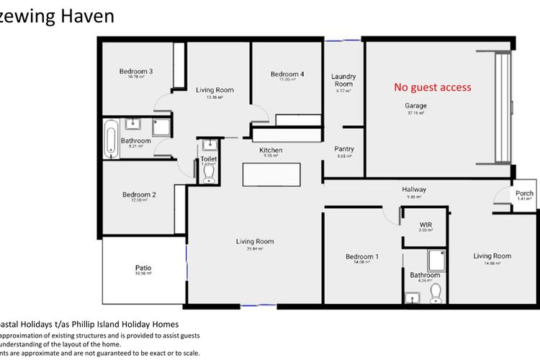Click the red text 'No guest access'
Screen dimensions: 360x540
(432, 87)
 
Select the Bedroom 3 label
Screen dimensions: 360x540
(136, 71)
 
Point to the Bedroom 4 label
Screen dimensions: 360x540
(287, 74)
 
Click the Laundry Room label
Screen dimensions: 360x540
(343, 81)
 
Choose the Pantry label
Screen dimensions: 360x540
(344, 150)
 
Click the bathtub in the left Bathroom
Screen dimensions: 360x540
(110, 140)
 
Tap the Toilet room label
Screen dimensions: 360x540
(209, 159)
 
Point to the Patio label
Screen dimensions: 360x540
(143, 269)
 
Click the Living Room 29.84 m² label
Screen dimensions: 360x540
(256, 242)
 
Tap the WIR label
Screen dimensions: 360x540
(425, 225)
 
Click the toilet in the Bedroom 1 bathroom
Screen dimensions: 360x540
(435, 292)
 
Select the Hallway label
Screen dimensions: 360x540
(414, 190)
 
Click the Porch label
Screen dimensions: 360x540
(524, 193)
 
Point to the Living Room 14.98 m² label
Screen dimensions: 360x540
(492, 256)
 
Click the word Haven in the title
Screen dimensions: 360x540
(85, 16)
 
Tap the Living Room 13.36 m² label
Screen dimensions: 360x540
(215, 91)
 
